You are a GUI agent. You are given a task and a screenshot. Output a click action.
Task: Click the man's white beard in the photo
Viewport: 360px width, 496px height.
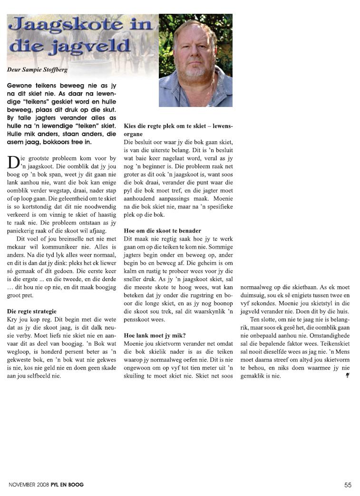pyautogui.click(x=195, y=71)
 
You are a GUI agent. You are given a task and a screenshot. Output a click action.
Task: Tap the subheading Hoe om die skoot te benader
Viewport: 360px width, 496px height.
pyautogui.click(x=162, y=231)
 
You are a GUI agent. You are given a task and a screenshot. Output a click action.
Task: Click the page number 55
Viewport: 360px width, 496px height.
pyautogui.click(x=348, y=485)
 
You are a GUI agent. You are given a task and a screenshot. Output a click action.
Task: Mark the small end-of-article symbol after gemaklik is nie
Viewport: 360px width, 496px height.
pyautogui.click(x=348, y=376)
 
